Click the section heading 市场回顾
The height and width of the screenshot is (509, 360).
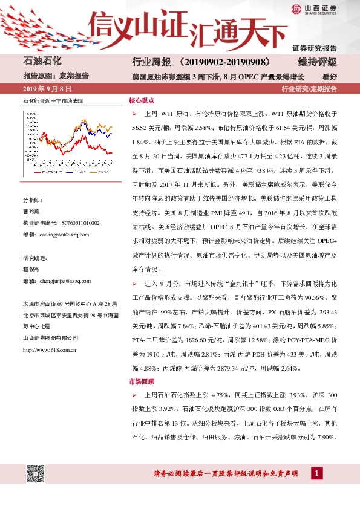click(142, 381)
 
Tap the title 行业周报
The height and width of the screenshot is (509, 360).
click(148, 62)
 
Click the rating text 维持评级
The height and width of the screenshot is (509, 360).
click(318, 62)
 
